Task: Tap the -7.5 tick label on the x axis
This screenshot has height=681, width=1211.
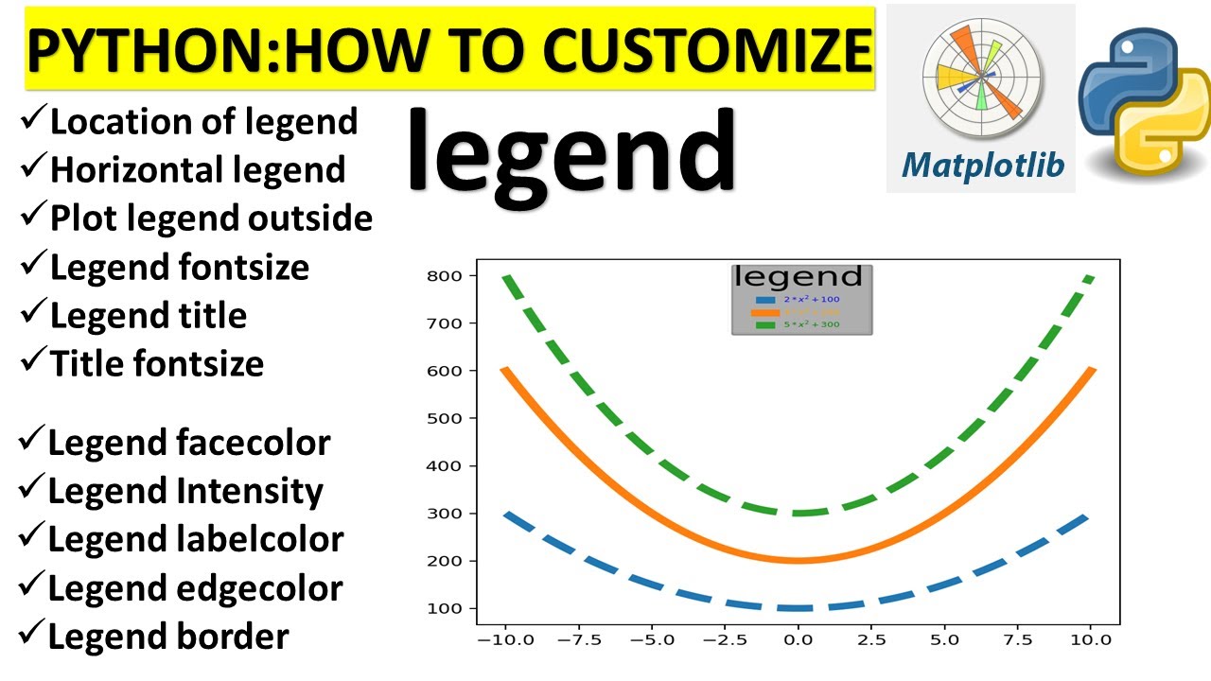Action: pos(580,640)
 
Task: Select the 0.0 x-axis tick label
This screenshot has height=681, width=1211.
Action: pos(798,640)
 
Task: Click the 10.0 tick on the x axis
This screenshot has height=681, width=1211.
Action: pos(1090,640)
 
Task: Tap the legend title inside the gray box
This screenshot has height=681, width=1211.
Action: pos(799,277)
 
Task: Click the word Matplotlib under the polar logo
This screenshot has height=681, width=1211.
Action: pos(982,166)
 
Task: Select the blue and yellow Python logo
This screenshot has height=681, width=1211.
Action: pos(1145,104)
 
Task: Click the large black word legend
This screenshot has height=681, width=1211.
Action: pos(571,151)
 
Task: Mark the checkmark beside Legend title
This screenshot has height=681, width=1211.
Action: pos(33,311)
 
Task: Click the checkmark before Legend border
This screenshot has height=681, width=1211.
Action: pos(31,634)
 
